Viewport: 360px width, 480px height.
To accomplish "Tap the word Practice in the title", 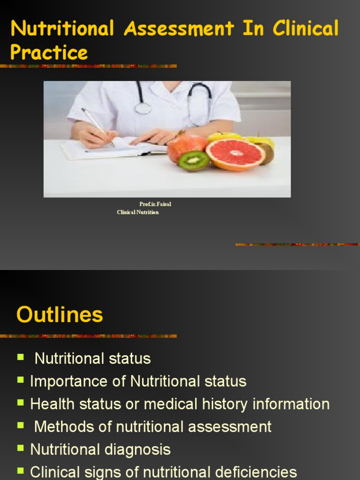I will coord(49,52).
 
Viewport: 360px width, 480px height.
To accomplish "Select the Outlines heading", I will coord(60,315).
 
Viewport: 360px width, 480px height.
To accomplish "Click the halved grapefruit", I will coord(235,154).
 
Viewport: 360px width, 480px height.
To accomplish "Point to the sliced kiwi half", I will coord(194,160).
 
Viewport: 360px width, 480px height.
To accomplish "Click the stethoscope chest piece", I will coord(143,108).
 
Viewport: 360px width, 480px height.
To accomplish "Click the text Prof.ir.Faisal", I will coord(155,204).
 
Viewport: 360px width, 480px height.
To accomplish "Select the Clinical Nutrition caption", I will coord(138,212).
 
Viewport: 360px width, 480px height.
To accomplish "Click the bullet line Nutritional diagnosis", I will coord(100,450).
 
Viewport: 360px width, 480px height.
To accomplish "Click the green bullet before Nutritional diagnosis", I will coord(21,448).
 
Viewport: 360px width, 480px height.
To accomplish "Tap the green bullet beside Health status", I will coord(21,403).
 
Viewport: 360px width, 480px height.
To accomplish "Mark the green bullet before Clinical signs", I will coord(21,471).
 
